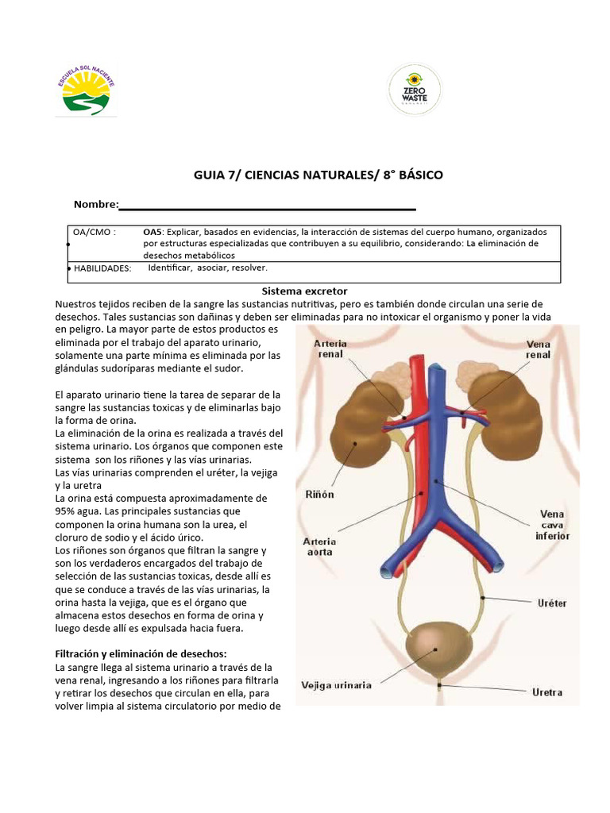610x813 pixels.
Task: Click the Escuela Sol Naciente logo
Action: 85,90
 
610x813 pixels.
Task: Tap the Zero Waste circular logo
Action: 414,91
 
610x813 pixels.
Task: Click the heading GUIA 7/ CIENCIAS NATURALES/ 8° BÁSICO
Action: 318,175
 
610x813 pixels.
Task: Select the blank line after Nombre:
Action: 268,208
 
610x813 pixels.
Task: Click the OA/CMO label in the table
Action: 95,232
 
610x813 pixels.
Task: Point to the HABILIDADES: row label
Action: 102,268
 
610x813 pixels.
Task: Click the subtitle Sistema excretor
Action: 305,291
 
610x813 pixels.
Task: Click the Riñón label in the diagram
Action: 319,494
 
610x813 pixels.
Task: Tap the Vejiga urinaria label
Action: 337,685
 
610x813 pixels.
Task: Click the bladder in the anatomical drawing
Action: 437,649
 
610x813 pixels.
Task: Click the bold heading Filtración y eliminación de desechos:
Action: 141,653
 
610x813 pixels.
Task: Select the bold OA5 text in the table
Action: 152,232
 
